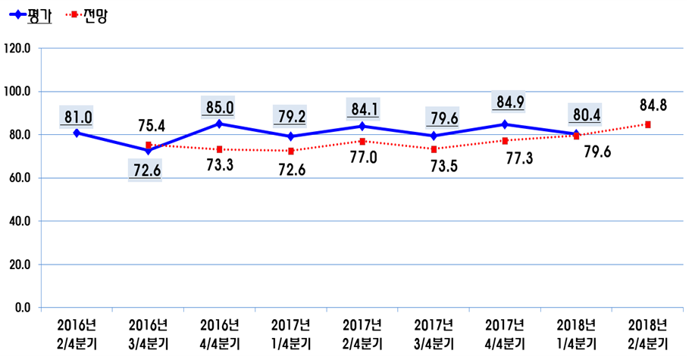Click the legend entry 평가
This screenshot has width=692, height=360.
(x=38, y=15)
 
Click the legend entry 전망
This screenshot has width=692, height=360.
(x=95, y=15)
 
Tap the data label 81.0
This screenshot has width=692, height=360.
(x=77, y=117)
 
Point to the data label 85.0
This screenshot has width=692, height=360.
(x=219, y=107)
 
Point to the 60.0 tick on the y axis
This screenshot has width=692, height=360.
(x=20, y=178)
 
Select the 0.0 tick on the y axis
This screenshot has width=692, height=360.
(x=22, y=308)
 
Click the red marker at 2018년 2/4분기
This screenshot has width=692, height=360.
(x=648, y=124)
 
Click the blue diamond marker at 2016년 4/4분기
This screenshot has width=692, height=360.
(x=219, y=124)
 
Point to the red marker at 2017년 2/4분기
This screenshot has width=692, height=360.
(x=362, y=142)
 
